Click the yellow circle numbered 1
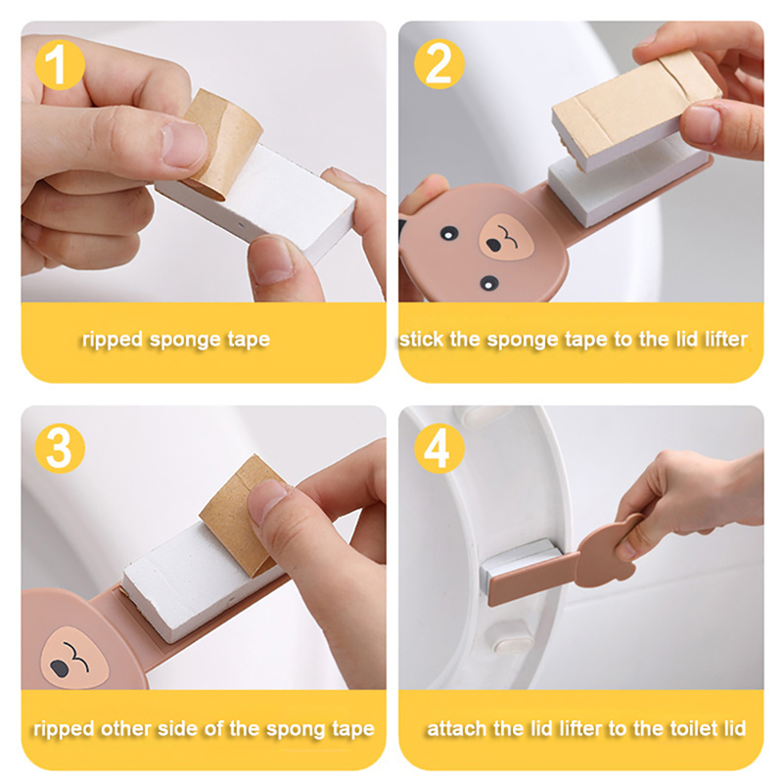[x=60, y=65]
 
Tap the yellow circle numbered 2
[x=439, y=64]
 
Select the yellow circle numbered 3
[x=60, y=448]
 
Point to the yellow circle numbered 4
[x=439, y=448]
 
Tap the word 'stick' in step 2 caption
[x=421, y=340]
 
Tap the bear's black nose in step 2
[x=493, y=246]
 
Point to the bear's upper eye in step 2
[x=449, y=233]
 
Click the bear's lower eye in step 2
[x=488, y=283]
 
